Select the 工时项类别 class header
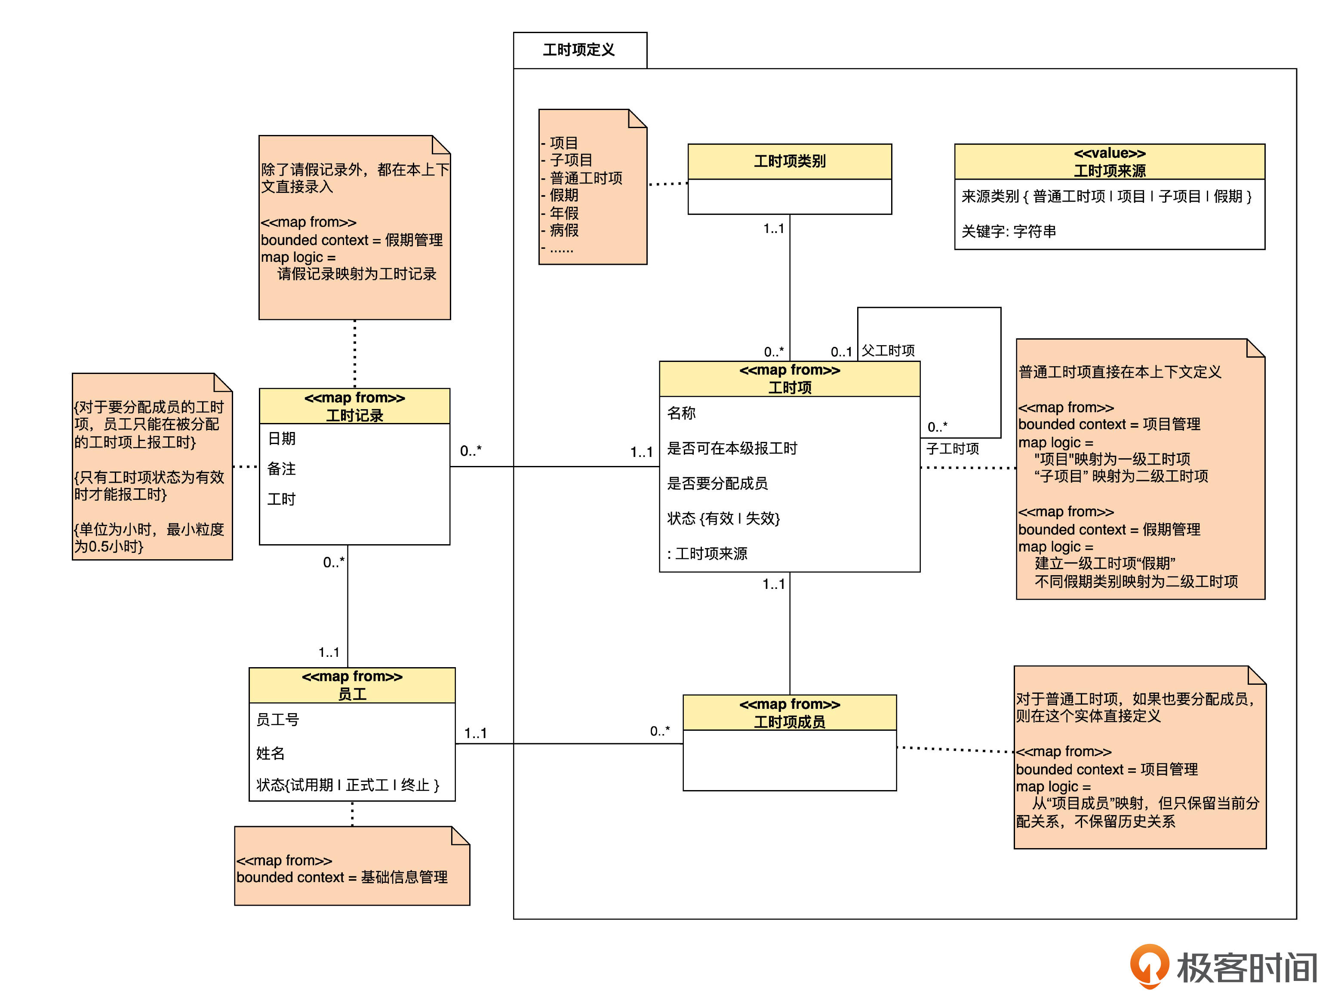point(789,162)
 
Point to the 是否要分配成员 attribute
point(717,483)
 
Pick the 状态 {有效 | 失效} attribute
point(723,518)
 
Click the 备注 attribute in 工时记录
point(281,469)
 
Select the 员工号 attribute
point(278,719)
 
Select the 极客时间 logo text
point(1246,968)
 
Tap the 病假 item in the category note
point(564,230)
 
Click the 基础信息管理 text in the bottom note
point(404,877)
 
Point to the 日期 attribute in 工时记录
point(281,438)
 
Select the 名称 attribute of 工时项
point(681,413)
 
